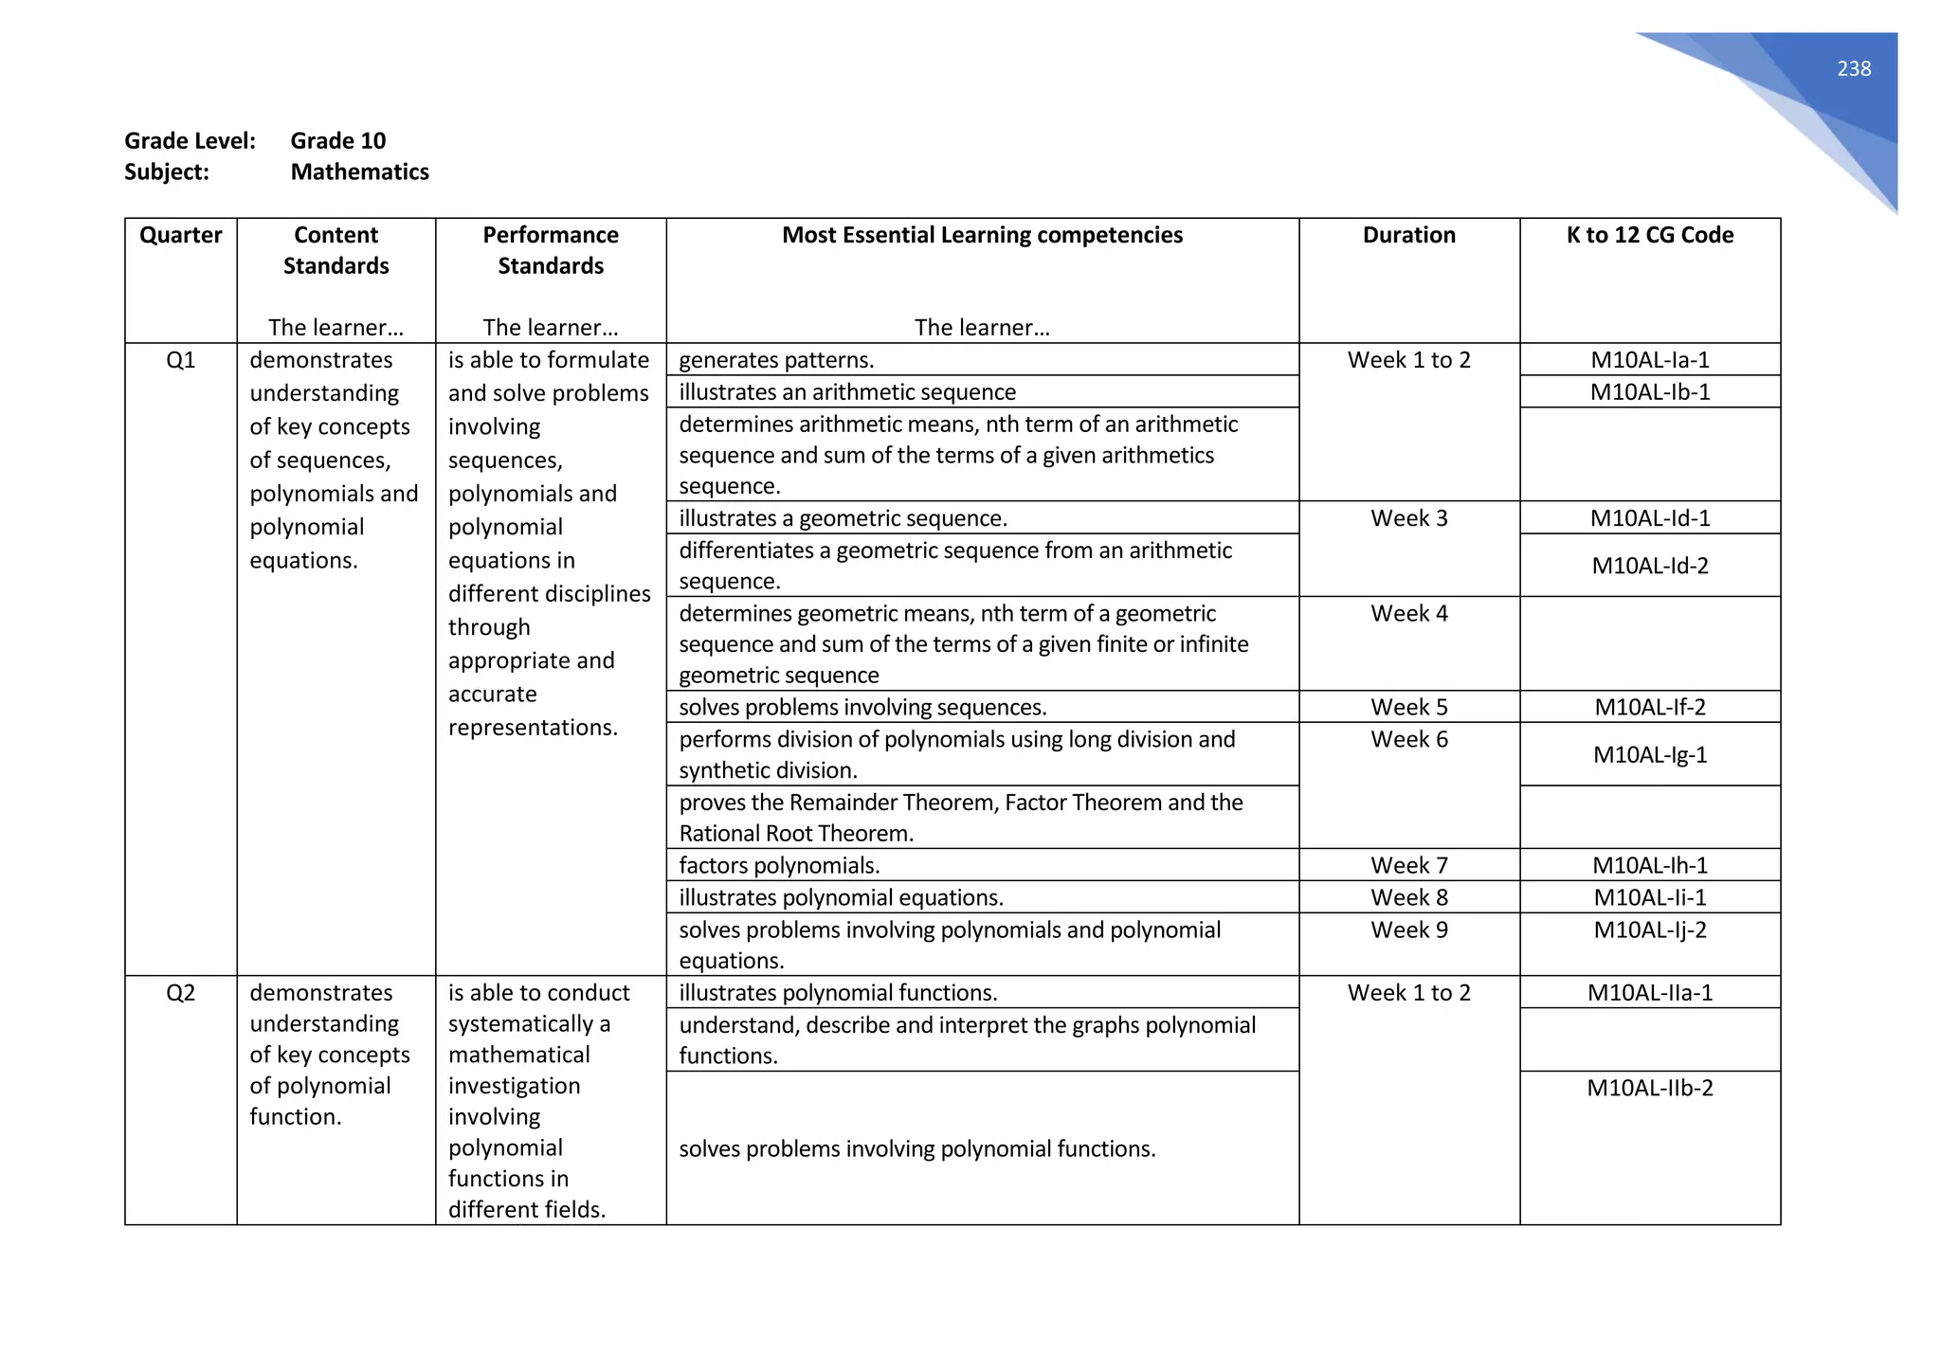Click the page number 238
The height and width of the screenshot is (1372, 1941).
tap(1853, 69)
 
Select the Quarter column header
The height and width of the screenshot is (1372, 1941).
tap(180, 235)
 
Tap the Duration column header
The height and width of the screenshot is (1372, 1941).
tap(1408, 235)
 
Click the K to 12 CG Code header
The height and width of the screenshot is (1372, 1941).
tap(1649, 235)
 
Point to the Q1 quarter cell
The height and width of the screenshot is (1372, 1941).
tap(180, 360)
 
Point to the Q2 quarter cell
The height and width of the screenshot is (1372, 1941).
tap(180, 992)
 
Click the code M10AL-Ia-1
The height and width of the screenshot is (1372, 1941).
tap(1649, 360)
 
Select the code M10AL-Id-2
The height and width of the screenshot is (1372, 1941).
tap(1649, 566)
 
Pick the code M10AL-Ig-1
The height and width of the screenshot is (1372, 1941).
tap(1649, 755)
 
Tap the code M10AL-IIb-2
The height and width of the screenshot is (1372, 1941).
tap(1649, 1088)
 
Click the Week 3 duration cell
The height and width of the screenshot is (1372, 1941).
tap(1408, 518)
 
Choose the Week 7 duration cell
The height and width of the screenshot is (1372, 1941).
tap(1408, 865)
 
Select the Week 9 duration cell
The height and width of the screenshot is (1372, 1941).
tap(1408, 930)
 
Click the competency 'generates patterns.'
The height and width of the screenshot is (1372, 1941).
tap(776, 360)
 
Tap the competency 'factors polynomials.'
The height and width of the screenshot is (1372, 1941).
tap(779, 865)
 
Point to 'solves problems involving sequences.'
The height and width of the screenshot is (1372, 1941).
tap(862, 708)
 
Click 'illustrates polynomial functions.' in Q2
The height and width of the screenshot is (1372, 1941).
tap(838, 992)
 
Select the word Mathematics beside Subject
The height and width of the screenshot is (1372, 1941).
tap(359, 171)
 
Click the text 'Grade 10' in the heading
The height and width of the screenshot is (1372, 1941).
tap(337, 141)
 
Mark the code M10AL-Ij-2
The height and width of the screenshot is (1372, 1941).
tap(1649, 930)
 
